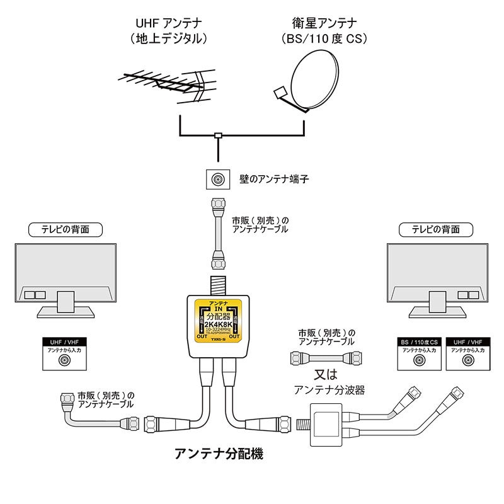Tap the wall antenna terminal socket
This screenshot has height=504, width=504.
(217, 180)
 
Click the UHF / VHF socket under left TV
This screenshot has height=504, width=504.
(64, 360)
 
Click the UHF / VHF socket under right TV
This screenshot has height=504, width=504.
(467, 360)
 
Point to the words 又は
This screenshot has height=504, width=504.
(326, 374)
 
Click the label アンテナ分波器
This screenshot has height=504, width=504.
(329, 391)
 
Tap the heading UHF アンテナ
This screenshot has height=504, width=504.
(168, 23)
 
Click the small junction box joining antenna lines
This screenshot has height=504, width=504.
(218, 135)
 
